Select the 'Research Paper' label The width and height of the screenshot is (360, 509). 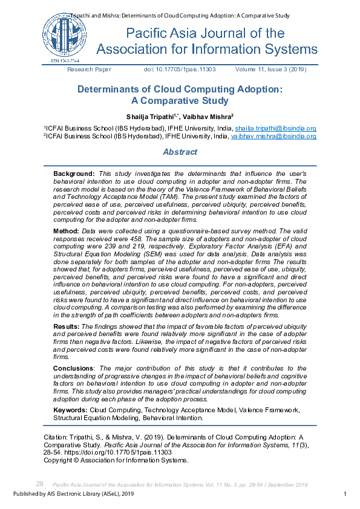tap(89, 70)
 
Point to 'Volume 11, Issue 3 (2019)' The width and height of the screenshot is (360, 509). tap(270, 70)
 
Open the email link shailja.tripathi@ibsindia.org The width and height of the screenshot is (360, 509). tap(275, 128)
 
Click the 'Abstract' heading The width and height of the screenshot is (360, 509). tap(180, 152)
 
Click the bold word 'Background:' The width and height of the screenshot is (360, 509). tap(74, 173)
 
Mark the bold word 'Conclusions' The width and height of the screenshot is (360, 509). tap(73, 368)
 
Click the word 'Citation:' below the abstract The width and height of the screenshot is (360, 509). tap(55, 436)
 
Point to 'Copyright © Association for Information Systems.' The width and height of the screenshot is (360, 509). tap(116, 461)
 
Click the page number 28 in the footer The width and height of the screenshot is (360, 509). tap(40, 484)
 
